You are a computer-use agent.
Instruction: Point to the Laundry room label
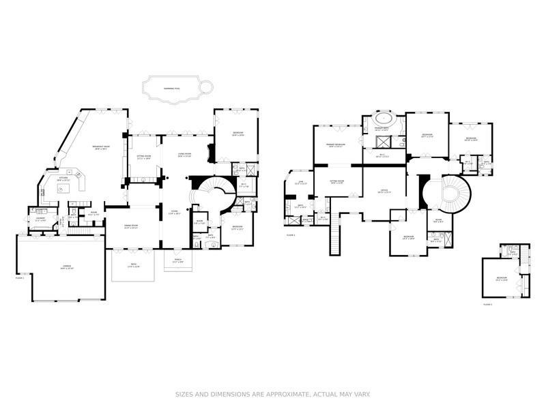[x=40, y=219]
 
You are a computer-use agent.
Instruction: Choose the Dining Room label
[x=131, y=226]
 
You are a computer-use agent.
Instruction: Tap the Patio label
[x=133, y=266]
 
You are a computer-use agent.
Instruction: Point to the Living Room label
[x=185, y=155]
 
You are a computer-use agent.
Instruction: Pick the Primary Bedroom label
[x=335, y=145]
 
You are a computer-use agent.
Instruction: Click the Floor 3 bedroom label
[x=502, y=278]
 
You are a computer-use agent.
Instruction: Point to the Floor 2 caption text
[x=291, y=235]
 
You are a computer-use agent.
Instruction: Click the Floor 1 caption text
[x=19, y=277]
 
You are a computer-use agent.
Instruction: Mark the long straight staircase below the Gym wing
[x=334, y=239]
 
